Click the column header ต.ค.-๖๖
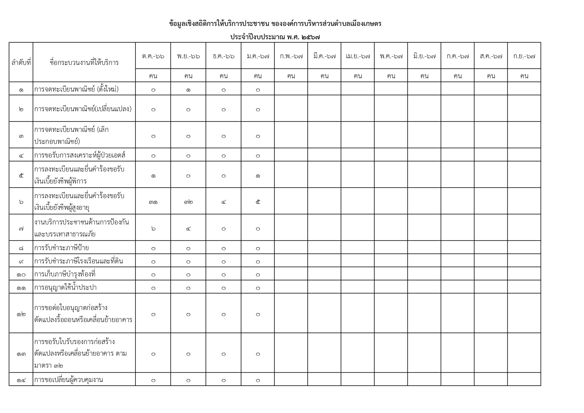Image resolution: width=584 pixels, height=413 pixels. (153, 56)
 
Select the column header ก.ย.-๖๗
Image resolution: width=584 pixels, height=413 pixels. (524, 56)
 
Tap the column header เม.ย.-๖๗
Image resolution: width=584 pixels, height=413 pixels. (358, 56)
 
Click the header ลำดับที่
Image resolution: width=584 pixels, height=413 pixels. (21, 62)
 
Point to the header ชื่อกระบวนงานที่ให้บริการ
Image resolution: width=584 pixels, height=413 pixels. (84, 62)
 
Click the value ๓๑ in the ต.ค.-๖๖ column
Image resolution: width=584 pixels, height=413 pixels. (153, 202)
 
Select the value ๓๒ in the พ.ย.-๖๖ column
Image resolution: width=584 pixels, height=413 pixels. (188, 202)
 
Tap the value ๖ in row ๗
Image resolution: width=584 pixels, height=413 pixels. (153, 228)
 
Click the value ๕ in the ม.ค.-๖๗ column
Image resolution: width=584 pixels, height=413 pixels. (258, 202)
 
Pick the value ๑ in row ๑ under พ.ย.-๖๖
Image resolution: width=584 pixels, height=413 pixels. (188, 90)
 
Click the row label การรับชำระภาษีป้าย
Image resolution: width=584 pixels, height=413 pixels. (62, 248)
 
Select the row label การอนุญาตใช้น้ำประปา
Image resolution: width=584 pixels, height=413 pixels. (65, 287)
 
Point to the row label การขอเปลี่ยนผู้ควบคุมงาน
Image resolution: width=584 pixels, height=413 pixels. (69, 380)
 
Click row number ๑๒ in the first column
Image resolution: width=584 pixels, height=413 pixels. (21, 314)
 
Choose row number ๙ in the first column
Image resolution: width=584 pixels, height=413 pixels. (21, 261)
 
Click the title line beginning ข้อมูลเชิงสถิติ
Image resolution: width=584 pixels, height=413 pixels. (275, 24)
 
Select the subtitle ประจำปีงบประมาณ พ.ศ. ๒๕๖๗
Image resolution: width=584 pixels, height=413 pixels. (275, 37)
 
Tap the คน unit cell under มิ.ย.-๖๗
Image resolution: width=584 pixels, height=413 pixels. (424, 76)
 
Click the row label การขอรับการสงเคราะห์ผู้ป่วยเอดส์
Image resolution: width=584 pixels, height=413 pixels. (80, 155)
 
